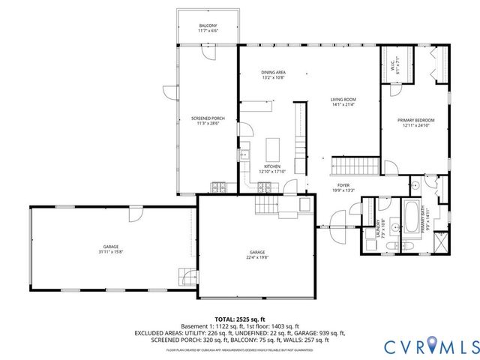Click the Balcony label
208,25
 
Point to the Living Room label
343,100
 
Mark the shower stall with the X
440,244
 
